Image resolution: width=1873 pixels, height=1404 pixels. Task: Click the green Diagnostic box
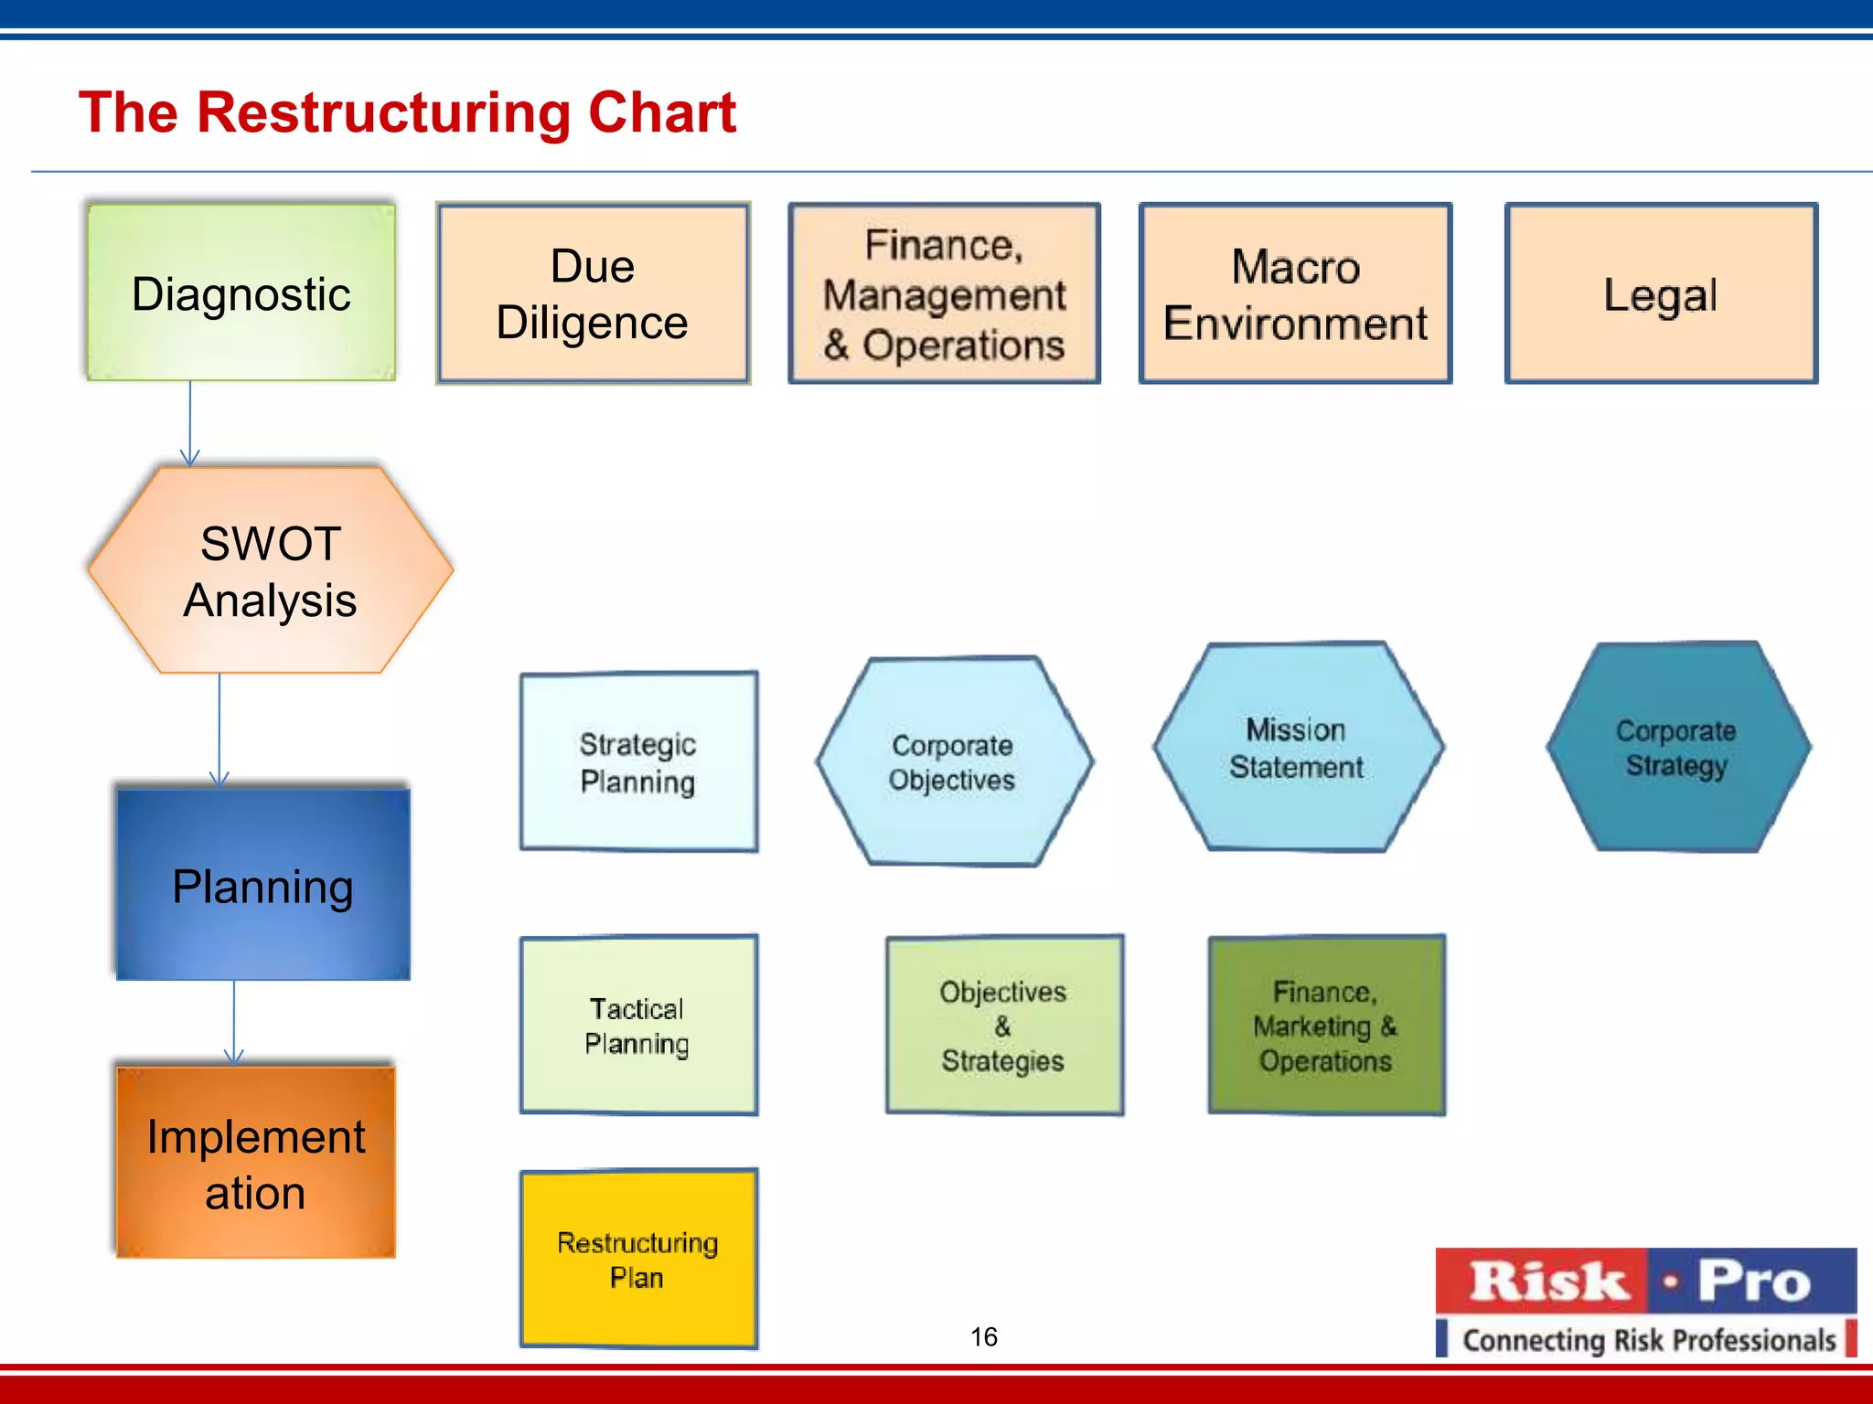[241, 292]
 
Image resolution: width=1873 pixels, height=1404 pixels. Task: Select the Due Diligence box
[593, 293]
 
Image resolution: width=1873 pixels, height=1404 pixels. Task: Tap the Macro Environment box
[1295, 293]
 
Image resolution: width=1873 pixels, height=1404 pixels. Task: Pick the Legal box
[1661, 293]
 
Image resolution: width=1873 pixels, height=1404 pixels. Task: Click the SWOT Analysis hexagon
[271, 570]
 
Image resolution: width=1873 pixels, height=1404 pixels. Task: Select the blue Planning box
[263, 885]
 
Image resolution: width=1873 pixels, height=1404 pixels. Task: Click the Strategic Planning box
[638, 762]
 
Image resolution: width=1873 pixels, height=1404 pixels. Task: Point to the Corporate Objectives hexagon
[953, 761]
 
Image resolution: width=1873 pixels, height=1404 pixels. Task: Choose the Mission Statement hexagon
[1297, 747]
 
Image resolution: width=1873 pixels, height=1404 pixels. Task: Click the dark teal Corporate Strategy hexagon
[1676, 747]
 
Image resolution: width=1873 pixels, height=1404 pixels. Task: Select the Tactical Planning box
[638, 1025]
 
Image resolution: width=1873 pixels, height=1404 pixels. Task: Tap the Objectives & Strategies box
[1004, 1025]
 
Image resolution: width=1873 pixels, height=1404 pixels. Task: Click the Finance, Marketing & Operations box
[1326, 1025]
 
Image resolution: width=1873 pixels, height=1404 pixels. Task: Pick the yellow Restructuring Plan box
[638, 1259]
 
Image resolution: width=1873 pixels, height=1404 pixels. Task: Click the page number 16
[984, 1337]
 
